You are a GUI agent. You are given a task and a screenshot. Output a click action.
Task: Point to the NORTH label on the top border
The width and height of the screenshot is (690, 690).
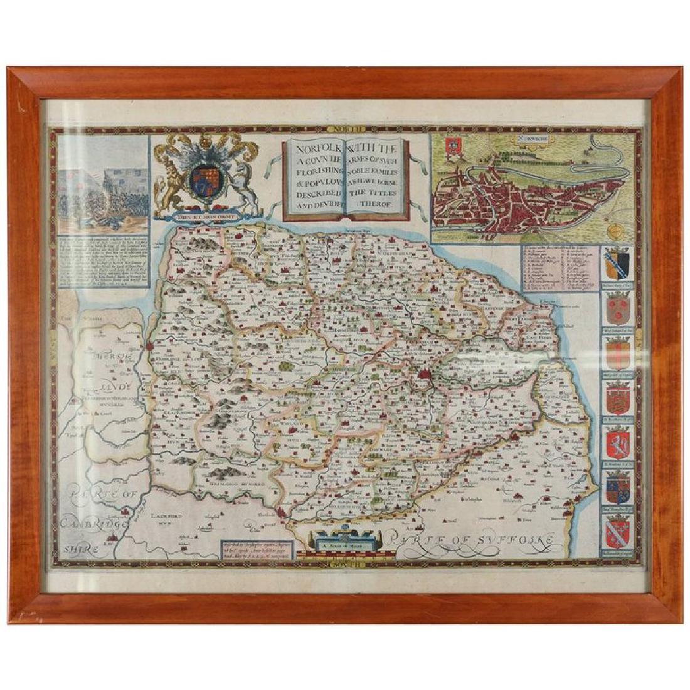pyautogui.click(x=348, y=130)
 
